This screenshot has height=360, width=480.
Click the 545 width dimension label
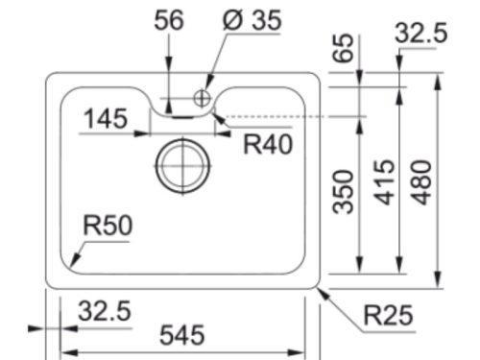click(x=182, y=335)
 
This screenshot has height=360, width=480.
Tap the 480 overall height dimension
click(x=421, y=182)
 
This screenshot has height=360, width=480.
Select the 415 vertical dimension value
click(x=385, y=182)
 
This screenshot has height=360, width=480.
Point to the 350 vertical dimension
click(x=343, y=191)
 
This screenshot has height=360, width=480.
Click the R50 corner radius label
click(x=108, y=226)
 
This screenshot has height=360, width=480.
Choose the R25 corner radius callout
click(x=388, y=316)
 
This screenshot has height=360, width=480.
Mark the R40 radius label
click(x=268, y=144)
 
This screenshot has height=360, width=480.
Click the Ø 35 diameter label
click(x=252, y=20)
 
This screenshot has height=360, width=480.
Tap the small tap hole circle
click(x=202, y=98)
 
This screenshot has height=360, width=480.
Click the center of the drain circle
click(x=182, y=166)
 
